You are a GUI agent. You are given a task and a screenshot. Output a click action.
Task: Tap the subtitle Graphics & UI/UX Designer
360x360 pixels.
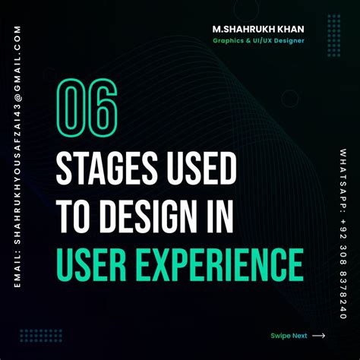pyautogui.click(x=259, y=42)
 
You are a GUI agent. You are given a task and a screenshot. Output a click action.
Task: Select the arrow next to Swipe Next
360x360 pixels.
pyautogui.click(x=318, y=335)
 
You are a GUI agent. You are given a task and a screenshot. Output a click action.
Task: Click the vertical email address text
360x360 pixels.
pyautogui.click(x=17, y=152)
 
